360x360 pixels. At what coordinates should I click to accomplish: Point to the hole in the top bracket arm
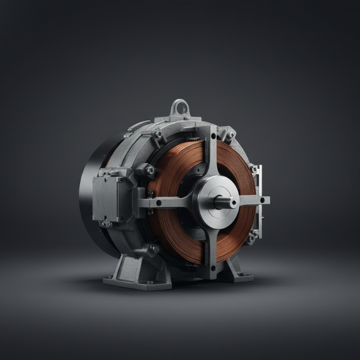coord(213,136)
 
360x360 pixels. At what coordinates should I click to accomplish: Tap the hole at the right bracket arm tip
coord(262,200)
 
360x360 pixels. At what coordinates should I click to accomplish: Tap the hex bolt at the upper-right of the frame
coord(231,135)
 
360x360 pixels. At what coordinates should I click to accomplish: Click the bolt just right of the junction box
coord(150,170)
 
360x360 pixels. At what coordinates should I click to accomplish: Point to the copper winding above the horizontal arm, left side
coord(174,168)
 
